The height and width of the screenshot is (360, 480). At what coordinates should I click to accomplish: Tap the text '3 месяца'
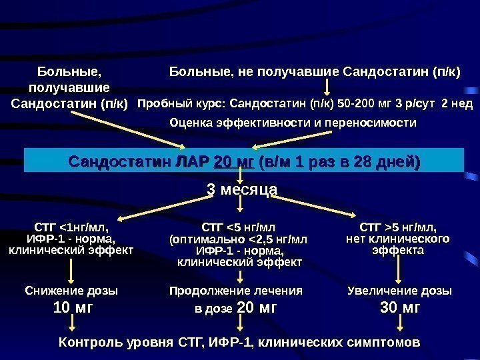[242, 190]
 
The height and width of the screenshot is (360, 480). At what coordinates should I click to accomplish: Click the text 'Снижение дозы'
[71, 291]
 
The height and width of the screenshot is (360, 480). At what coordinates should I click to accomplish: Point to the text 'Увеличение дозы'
[400, 291]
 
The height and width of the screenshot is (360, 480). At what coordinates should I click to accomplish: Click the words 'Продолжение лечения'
[236, 291]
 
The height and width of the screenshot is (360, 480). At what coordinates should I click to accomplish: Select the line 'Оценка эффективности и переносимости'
[293, 123]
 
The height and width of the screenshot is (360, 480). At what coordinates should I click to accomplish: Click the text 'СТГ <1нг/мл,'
[71, 225]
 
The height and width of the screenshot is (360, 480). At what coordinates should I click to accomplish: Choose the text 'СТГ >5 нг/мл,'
[398, 225]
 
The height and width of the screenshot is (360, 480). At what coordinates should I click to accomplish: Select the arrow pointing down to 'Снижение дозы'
[71, 269]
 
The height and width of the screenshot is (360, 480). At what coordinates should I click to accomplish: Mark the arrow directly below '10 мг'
[72, 325]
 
